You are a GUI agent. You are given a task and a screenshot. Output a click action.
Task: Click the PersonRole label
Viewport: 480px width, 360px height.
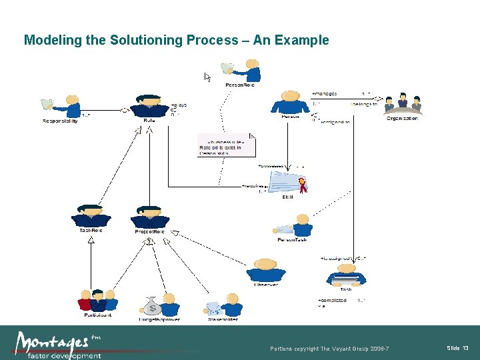tap(240, 85)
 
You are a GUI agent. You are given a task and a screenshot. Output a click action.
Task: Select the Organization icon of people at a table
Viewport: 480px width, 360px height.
tap(402, 103)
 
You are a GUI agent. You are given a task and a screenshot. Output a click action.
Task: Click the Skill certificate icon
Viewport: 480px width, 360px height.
tap(287, 182)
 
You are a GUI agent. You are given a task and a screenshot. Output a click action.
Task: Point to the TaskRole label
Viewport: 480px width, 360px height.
tap(91, 231)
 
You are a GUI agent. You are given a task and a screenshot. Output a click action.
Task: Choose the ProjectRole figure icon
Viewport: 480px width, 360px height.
tap(149, 216)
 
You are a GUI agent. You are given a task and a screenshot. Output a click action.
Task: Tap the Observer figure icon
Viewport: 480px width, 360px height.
tap(265, 269)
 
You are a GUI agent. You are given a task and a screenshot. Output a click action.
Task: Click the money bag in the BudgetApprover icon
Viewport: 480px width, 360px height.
tap(152, 307)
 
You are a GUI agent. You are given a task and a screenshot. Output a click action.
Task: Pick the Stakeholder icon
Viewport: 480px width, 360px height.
tap(223, 305)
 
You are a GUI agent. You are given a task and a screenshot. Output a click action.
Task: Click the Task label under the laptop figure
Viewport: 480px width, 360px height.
tap(346, 289)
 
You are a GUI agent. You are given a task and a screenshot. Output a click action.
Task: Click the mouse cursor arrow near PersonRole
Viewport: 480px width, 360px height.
tap(207, 77)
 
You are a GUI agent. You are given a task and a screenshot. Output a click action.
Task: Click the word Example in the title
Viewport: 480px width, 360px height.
tap(303, 40)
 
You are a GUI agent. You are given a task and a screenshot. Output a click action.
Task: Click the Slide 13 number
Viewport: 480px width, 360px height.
tap(457, 348)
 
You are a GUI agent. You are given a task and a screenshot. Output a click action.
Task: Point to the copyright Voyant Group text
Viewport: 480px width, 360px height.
tap(329, 349)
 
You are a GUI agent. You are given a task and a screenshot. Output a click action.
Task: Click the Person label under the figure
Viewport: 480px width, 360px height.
tap(290, 117)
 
